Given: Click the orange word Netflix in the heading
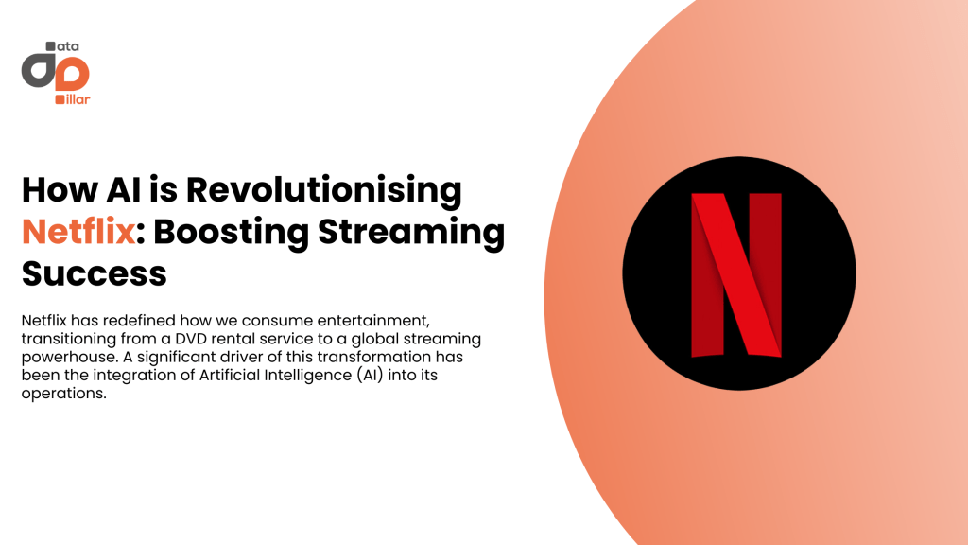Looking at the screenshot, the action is coord(78,232).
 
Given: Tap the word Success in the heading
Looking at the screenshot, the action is coord(95,273).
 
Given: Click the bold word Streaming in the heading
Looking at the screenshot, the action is coord(411,234).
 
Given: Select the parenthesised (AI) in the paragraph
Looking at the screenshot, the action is coord(370,375).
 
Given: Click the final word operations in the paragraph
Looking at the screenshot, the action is coord(63,394).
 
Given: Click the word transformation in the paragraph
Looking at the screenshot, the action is coord(374,357).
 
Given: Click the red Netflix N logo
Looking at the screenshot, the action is coord(735,275).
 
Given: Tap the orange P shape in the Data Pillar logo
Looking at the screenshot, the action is coord(73,73).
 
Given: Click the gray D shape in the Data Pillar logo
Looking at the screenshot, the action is coord(38,70).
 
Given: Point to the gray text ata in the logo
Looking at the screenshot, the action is coord(68,47).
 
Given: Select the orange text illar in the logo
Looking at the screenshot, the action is coord(78,99).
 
